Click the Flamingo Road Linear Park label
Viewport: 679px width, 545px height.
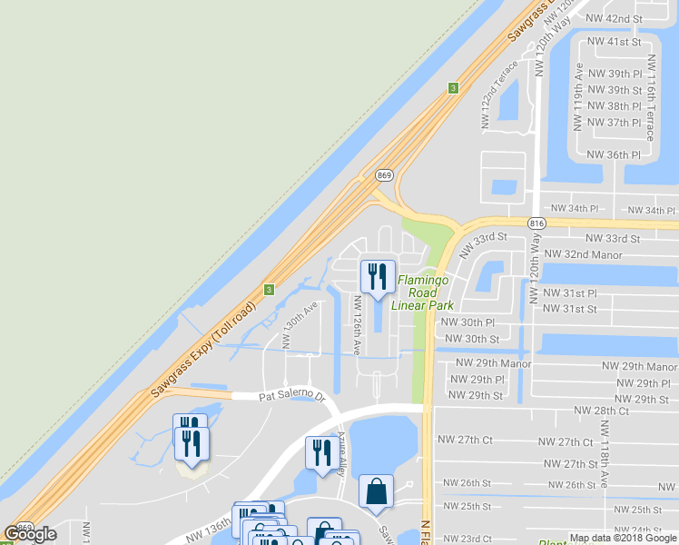pos(417,292)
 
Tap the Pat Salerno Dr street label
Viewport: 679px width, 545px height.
pos(291,396)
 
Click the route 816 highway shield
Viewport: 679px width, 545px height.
pos(536,221)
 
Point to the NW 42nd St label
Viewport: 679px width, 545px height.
pos(615,18)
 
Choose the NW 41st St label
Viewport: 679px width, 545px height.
pos(615,42)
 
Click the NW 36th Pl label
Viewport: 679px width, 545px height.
pos(615,155)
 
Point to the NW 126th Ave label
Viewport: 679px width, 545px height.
pos(357,324)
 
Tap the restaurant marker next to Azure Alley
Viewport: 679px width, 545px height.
pos(320,452)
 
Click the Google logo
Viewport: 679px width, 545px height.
pos(30,534)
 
